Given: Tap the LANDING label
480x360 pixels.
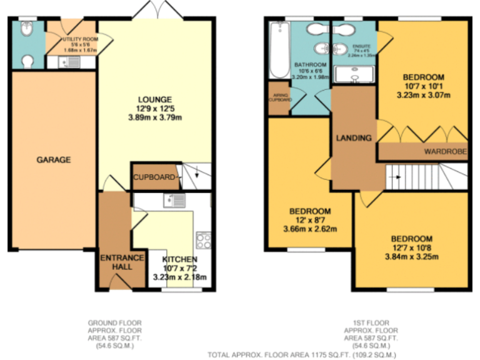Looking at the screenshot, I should point(353,137).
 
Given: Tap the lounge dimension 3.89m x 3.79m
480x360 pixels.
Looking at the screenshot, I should point(154,119).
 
